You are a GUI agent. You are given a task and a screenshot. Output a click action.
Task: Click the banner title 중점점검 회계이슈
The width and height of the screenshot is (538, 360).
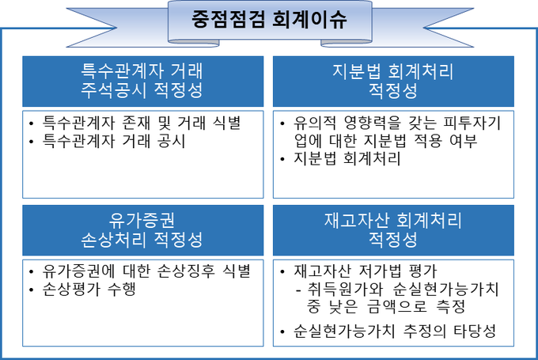pos(269,19)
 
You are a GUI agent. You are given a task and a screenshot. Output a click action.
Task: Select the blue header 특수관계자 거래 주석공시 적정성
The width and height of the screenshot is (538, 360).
pos(142,81)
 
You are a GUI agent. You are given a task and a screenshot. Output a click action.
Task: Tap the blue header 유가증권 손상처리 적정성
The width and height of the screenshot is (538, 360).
pos(142,230)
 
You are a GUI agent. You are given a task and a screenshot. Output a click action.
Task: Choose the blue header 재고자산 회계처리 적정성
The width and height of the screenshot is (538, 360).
pos(393,230)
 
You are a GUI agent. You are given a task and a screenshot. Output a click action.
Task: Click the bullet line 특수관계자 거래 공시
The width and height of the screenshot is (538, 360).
pos(114,141)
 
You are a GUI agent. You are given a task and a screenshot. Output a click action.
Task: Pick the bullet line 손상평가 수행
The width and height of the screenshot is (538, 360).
pos(89,290)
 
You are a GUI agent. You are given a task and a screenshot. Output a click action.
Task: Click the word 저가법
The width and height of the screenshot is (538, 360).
pos(380,271)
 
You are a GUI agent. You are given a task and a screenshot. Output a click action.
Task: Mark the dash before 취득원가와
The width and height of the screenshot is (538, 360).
pos(298,290)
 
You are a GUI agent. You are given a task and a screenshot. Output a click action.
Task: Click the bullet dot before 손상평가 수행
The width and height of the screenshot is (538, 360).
pos(31,290)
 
